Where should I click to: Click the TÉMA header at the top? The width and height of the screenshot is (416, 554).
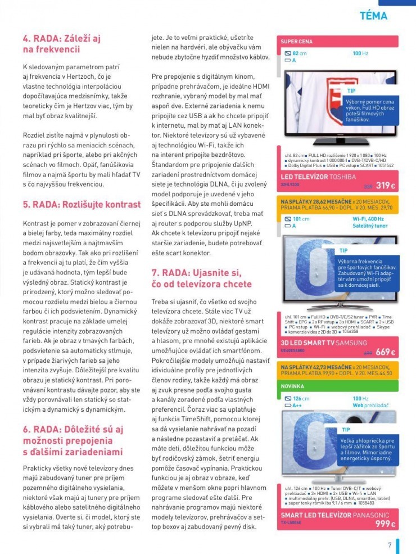[373, 16]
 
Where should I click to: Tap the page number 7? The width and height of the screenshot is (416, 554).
[389, 544]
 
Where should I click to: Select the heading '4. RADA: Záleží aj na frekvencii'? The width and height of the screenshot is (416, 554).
[62, 44]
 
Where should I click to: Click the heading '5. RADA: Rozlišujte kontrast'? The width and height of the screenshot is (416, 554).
[82, 204]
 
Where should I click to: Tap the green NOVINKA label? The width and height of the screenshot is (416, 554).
[293, 386]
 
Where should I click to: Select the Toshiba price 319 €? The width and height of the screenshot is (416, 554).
[385, 186]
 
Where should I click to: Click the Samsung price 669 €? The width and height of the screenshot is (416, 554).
[385, 352]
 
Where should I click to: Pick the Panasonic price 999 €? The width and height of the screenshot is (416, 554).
[385, 524]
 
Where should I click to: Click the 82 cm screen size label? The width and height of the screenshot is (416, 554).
[299, 53]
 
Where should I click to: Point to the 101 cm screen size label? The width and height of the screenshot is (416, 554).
[301, 219]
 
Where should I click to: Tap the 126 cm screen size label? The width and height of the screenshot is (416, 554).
[301, 398]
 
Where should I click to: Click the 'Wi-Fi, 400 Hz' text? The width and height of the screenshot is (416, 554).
[368, 219]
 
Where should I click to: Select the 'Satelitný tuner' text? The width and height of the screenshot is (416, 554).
[370, 226]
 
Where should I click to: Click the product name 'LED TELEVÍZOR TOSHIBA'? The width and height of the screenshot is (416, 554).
[318, 177]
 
